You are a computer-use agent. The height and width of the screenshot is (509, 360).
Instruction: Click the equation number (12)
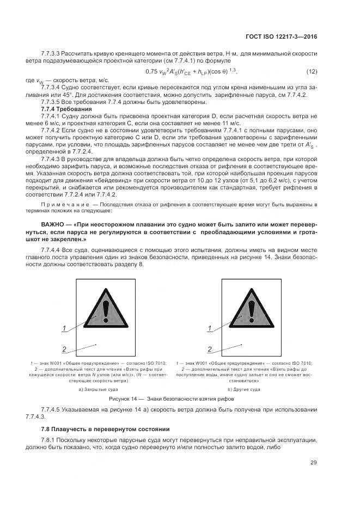click(312, 72)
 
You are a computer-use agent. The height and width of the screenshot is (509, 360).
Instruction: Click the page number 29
click(313, 463)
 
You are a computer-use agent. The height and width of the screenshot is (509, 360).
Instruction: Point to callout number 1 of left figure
click(64, 328)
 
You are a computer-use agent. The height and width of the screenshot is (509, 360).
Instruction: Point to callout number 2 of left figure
click(64, 349)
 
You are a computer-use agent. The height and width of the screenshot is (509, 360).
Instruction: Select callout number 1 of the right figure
click(210, 328)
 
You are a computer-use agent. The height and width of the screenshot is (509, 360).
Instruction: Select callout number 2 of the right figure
click(210, 349)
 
